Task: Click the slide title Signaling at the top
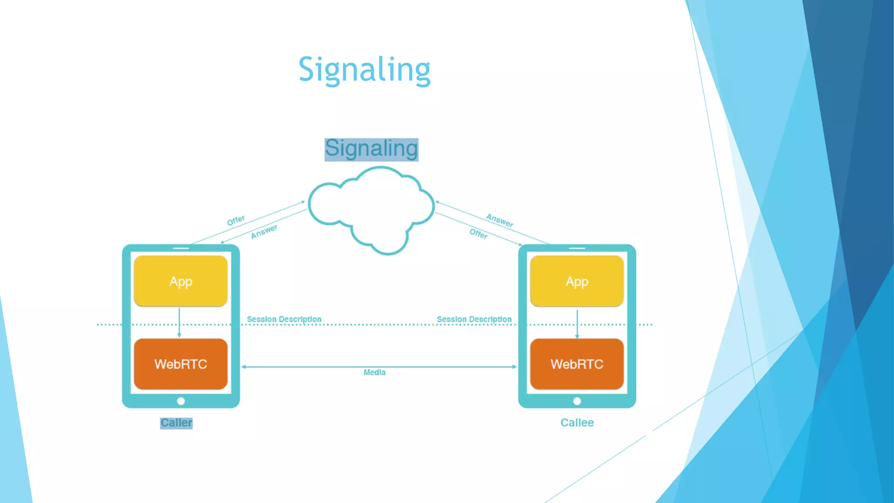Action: coord(364,70)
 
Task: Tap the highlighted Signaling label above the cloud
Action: coord(371,149)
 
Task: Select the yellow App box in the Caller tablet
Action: coord(181,281)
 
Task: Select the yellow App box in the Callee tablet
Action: coord(577,281)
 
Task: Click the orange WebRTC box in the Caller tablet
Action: coord(181,364)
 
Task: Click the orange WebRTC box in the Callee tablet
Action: coord(577,364)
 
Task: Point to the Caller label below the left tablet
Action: coord(176,423)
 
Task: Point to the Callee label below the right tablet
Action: coord(577,423)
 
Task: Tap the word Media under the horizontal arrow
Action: coord(375,372)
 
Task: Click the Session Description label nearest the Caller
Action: coord(284,319)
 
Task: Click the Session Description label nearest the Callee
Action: coord(474,319)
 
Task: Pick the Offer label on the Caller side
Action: coord(236,220)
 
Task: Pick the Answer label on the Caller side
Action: coord(264,232)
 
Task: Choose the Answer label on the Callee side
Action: coord(500,220)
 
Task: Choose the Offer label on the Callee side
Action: coord(478,234)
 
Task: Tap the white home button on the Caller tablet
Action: coord(181,401)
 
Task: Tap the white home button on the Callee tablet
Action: coord(577,401)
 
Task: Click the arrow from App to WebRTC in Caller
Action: coord(179,323)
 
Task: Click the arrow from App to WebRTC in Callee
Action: coord(577,324)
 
